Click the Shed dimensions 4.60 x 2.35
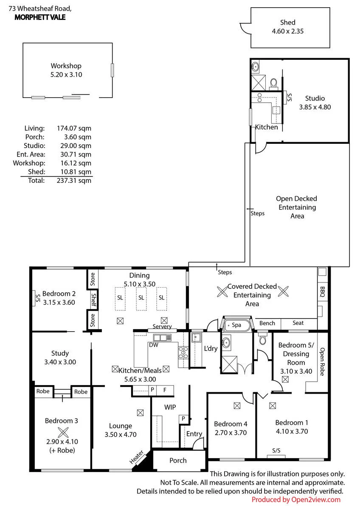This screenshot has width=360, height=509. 287,31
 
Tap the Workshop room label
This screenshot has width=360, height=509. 66,66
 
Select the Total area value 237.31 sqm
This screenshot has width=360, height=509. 74,180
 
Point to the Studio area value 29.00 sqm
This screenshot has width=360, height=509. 76,145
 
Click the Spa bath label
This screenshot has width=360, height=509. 236,325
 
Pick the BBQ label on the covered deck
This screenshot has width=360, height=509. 322,292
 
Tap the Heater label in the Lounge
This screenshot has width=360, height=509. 136,457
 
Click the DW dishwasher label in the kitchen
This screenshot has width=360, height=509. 154,345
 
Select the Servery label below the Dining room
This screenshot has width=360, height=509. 162,327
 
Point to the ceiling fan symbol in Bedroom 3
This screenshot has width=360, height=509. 63,432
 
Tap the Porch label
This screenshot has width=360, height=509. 178,460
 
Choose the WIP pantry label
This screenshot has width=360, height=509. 170,407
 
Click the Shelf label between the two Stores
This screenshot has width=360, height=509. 93,300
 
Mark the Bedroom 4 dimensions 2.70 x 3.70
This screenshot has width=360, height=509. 231,432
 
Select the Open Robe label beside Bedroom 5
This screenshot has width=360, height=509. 322,361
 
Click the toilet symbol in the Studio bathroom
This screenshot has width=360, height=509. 273,84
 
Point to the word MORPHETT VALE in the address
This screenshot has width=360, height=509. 40,17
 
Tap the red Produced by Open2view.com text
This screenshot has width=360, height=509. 296,500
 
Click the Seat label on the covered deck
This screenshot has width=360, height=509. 298,323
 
